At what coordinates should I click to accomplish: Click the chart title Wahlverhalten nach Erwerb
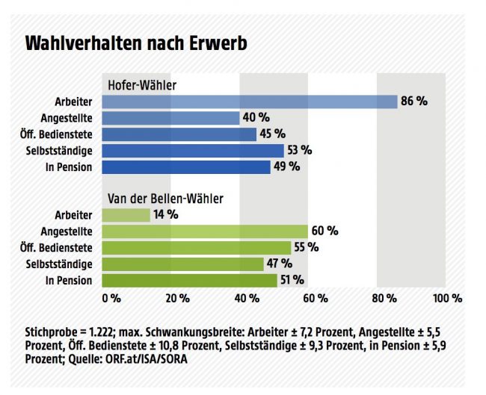pos(136,43)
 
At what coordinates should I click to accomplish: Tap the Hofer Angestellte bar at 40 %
pos(170,118)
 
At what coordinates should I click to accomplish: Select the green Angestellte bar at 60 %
pos(205,231)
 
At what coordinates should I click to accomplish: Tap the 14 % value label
pos(165,215)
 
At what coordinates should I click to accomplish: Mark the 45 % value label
pos(272,134)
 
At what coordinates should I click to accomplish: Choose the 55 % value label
pos(306,248)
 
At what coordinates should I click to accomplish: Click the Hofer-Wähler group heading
pos(142,85)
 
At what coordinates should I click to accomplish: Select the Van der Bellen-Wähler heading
pos(165,199)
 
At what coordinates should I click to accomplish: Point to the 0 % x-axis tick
pos(111,299)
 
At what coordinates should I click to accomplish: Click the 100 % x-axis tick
pos(447,299)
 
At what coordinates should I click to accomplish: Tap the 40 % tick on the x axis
pos(247,299)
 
